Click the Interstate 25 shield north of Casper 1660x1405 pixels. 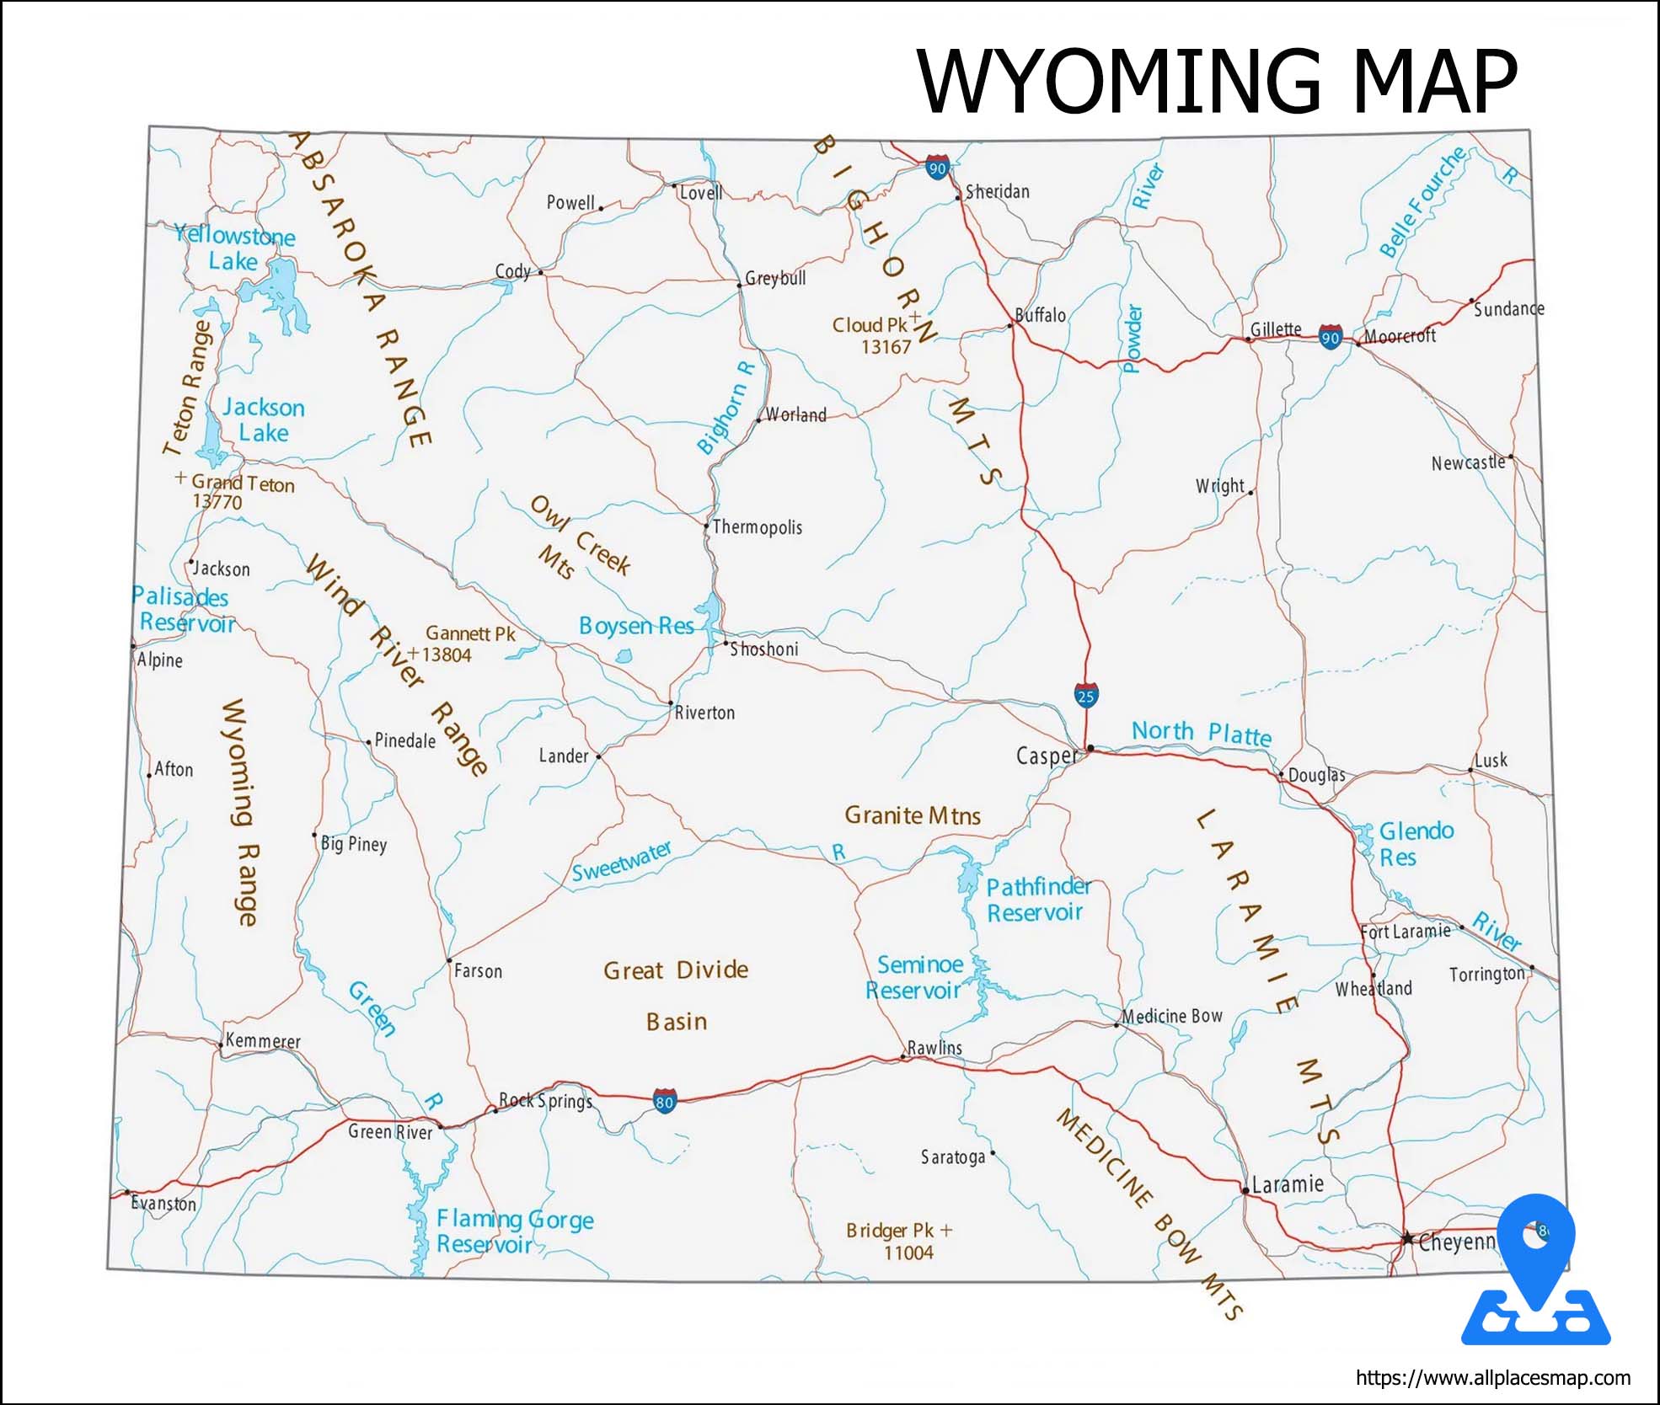[x=1086, y=696]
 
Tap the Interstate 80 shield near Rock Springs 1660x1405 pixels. [x=665, y=1101]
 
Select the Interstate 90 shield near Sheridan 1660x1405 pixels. [x=937, y=168]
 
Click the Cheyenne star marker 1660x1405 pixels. [x=1407, y=1238]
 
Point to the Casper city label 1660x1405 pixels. [x=1046, y=756]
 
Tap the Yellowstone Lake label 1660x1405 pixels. [x=234, y=248]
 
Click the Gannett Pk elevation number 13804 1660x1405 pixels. [x=447, y=655]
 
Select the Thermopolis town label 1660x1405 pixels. [x=757, y=527]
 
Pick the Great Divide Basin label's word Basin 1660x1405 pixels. [x=677, y=1022]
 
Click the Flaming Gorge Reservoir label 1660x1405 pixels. [x=514, y=1231]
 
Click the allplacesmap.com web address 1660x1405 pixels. [x=1492, y=1378]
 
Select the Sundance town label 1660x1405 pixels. [x=1508, y=309]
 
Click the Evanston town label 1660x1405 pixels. [x=163, y=1204]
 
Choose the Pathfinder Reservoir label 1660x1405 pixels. [x=1037, y=900]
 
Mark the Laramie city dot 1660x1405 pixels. [x=1245, y=1190]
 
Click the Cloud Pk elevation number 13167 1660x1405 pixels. [x=886, y=347]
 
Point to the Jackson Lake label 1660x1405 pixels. [x=263, y=419]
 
